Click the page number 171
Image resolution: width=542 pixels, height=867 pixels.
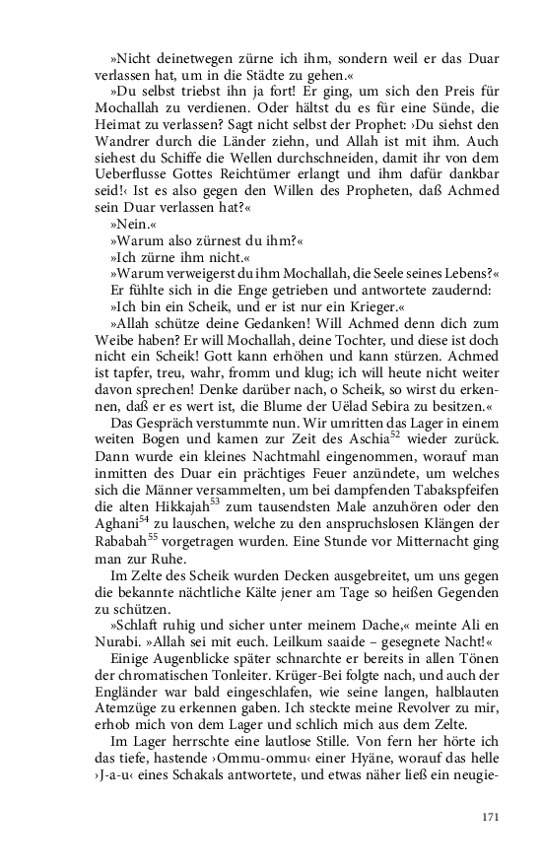point(492,817)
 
